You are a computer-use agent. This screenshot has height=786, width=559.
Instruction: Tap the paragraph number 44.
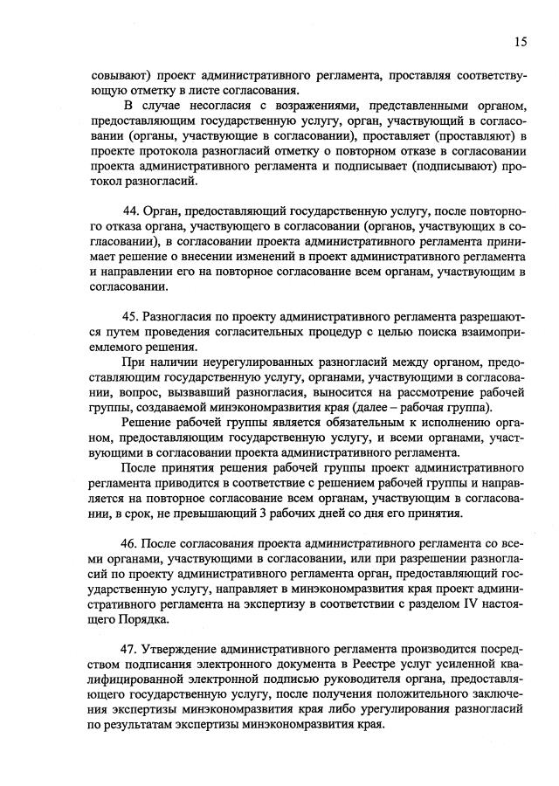134,212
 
